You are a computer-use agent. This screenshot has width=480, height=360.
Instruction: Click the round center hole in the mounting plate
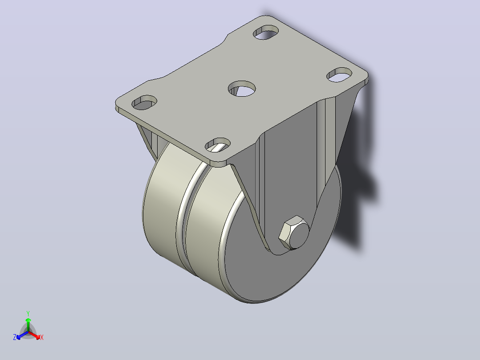coord(242,89)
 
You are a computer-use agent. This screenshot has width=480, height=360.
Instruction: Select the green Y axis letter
coord(28,313)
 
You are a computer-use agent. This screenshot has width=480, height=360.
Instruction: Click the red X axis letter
coord(42,337)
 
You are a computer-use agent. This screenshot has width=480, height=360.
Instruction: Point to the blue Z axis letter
coord(15,337)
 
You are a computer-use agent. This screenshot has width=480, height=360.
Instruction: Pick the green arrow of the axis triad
coord(28,324)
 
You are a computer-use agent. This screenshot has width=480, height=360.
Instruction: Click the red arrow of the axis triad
coord(35,335)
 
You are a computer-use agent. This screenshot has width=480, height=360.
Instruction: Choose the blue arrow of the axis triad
coord(22,335)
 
